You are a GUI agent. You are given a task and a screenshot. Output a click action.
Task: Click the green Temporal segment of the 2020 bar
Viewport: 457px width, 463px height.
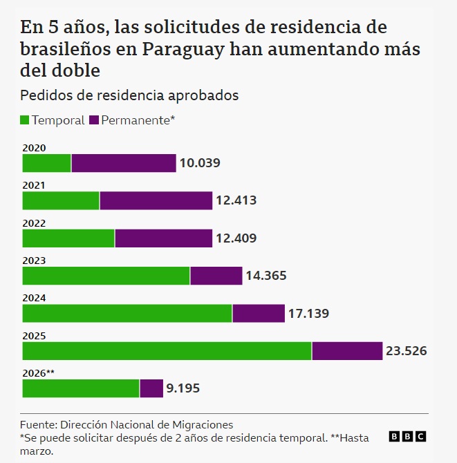tap(47, 163)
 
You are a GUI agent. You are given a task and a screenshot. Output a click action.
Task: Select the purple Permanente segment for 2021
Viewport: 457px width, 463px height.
tap(156, 200)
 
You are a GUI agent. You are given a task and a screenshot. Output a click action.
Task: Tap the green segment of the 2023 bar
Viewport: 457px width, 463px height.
tap(106, 276)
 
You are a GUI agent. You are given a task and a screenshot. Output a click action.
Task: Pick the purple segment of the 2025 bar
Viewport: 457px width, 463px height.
tap(347, 350)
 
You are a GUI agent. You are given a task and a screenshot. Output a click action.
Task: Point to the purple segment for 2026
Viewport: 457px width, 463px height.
tap(151, 388)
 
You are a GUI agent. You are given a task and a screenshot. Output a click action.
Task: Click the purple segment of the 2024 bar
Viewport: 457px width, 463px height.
tap(259, 313)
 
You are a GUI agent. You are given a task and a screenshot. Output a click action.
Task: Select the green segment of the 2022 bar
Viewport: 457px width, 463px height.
tap(68, 238)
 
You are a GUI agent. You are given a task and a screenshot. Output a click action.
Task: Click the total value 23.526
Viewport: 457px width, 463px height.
tap(406, 351)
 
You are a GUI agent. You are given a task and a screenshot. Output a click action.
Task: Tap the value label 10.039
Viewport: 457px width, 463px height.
tap(200, 163)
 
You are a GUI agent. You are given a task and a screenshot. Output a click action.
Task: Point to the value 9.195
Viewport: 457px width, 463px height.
tap(183, 388)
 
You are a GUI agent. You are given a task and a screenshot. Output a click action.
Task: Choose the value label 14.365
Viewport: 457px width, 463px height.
tap(266, 276)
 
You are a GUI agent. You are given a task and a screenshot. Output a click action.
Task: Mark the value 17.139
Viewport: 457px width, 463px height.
tap(308, 313)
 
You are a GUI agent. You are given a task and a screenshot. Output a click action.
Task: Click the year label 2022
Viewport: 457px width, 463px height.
tap(34, 223)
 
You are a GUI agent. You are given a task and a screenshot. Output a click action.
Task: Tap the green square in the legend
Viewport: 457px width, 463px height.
tap(26, 120)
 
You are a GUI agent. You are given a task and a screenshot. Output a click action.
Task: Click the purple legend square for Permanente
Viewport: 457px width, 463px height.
tap(94, 120)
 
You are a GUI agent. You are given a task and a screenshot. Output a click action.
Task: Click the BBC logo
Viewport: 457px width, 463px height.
tap(407, 436)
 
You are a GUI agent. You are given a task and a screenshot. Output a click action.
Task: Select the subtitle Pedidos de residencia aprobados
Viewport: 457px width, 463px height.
tap(129, 95)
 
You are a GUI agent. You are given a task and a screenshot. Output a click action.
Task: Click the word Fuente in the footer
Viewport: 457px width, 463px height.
tap(38, 424)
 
